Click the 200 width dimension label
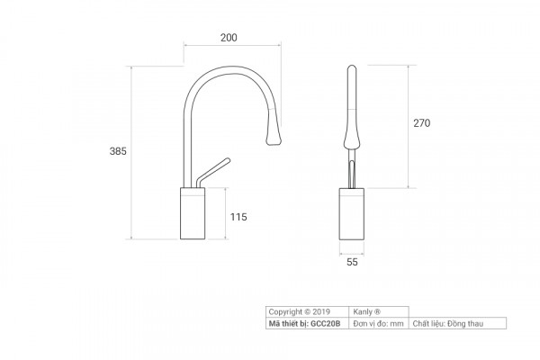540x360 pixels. point(229,37)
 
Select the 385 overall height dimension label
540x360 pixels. point(118,151)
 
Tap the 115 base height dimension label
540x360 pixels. point(238,217)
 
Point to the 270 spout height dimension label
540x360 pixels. point(421,123)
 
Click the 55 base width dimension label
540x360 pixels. point(352,262)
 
